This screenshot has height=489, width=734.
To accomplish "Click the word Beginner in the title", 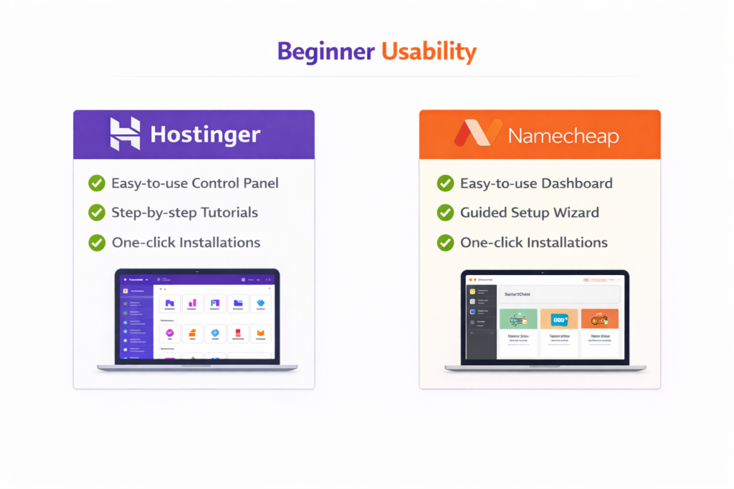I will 325,52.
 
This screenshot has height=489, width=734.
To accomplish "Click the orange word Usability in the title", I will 429,52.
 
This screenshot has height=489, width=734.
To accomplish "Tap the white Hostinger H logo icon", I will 125,134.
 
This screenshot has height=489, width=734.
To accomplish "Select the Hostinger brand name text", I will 205,135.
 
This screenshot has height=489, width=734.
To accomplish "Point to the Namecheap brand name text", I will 563,135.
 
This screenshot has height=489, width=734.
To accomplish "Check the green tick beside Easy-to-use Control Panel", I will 96,183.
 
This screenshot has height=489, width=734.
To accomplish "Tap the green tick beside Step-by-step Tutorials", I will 96,213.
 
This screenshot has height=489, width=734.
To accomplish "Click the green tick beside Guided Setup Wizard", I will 445,213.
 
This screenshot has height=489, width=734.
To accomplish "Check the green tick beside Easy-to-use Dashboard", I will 445,183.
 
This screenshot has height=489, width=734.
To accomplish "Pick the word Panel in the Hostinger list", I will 259,183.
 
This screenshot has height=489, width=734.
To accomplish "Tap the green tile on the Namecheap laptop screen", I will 518,319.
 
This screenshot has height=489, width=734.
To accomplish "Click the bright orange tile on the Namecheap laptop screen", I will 599,319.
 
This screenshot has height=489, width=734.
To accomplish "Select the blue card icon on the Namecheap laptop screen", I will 558,319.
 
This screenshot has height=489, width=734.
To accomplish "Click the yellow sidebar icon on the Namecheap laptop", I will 473,291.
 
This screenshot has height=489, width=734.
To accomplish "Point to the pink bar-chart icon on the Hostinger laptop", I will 193,303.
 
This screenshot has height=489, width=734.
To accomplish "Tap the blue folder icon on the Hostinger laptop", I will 238,303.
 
